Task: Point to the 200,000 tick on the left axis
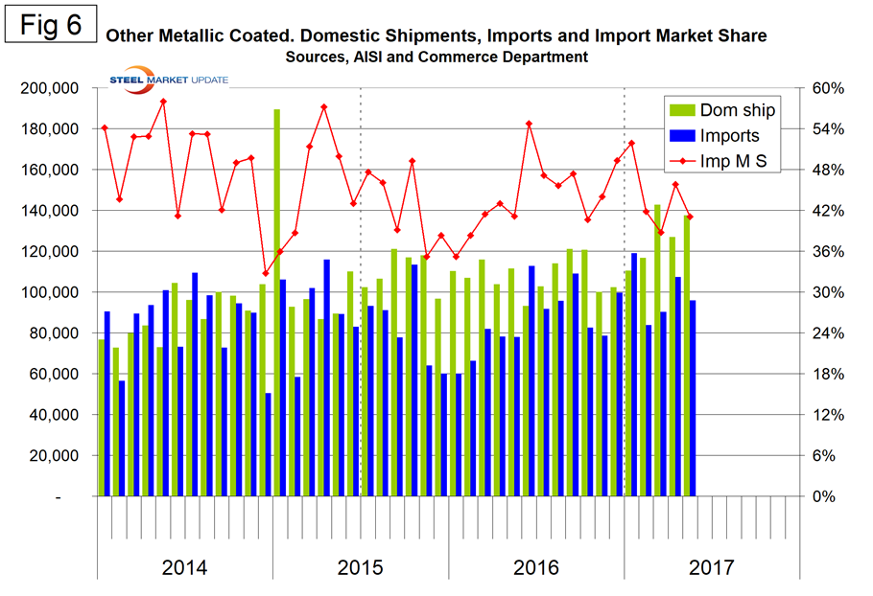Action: (x=51, y=88)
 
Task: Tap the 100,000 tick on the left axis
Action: (x=51, y=292)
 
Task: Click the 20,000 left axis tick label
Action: (x=55, y=456)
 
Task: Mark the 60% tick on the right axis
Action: (x=829, y=88)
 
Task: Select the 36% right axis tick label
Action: (x=829, y=252)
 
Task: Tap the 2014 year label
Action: (x=184, y=567)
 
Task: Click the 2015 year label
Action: (x=361, y=567)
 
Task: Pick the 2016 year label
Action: (x=536, y=567)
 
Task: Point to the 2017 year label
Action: (x=712, y=567)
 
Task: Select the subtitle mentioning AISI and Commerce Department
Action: (x=436, y=57)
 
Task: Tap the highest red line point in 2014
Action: (x=163, y=102)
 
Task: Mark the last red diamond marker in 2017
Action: (x=690, y=217)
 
